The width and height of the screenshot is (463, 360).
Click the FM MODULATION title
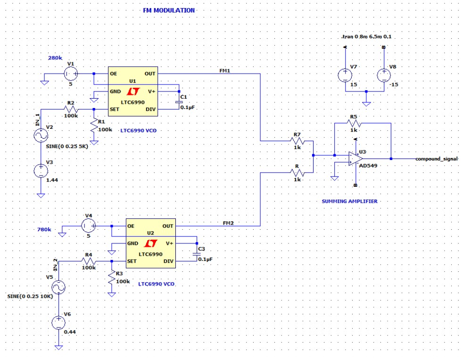[x=168, y=10]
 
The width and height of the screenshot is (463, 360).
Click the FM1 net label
[x=225, y=70]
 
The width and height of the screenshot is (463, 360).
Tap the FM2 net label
[x=229, y=223]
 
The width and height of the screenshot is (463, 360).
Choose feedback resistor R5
[x=354, y=123]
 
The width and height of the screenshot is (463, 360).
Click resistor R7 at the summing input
[x=297, y=141]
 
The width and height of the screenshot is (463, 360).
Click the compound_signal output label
[x=437, y=159]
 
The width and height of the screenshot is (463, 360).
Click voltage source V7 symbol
[x=345, y=75]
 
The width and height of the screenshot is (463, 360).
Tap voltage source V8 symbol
[x=384, y=75]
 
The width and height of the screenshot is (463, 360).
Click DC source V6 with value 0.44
[x=58, y=323]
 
